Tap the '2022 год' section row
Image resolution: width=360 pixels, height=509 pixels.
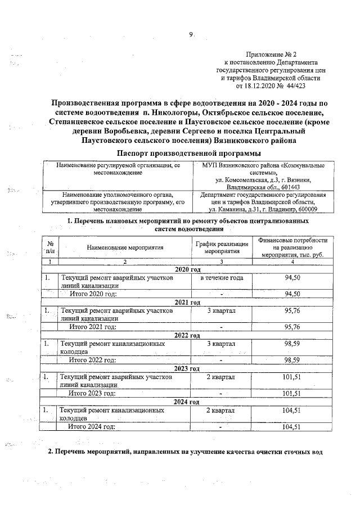pyautogui.click(x=188, y=336)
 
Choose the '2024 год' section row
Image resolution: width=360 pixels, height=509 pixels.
pyautogui.click(x=188, y=402)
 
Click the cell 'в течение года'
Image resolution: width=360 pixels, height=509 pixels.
pyautogui.click(x=222, y=278)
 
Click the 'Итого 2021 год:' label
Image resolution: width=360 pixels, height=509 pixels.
pyautogui.click(x=92, y=327)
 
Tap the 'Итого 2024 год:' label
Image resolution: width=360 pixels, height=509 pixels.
pyautogui.click(x=91, y=427)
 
